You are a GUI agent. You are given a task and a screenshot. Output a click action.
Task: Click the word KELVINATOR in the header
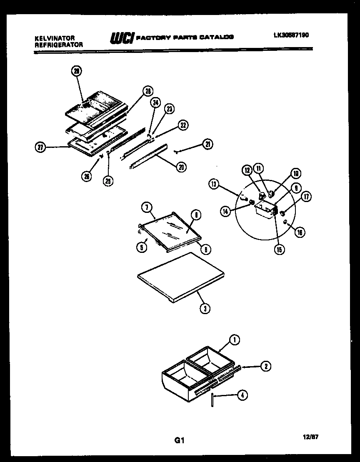coord(54,38)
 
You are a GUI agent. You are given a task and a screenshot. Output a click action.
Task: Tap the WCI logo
coord(121,37)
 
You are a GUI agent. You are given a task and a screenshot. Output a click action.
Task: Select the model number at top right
coord(291,35)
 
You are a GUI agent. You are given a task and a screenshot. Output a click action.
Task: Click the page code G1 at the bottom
coord(179,440)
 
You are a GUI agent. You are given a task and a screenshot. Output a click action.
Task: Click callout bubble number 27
coord(40,147)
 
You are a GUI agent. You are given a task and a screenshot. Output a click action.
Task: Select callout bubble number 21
coord(208,144)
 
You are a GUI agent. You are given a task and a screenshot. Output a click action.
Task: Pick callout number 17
coord(307,197)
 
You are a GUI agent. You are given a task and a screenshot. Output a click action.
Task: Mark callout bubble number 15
coord(278,250)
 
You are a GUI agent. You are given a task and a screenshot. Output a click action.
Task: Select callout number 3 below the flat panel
coord(205,308)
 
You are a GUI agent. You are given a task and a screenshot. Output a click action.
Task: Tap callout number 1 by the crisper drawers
coord(235,340)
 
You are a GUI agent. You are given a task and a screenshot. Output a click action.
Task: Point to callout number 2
coord(265,366)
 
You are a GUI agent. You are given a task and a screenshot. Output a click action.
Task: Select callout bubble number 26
coord(86,176)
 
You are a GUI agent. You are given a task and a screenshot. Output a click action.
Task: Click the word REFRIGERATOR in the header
coord(58,44)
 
